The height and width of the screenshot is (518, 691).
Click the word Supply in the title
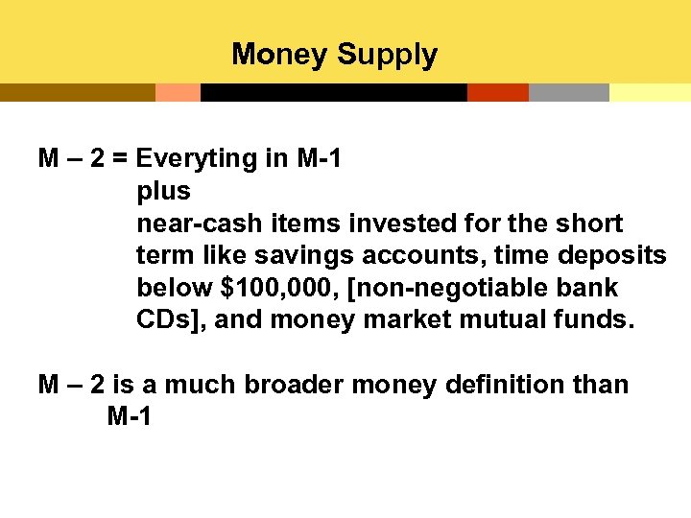coord(387,55)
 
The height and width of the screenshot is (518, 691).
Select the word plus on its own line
coord(164,191)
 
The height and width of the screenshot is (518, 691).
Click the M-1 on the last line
coord(130,417)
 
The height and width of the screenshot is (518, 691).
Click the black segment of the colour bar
coord(333,92)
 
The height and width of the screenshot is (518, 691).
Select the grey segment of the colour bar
coord(568,92)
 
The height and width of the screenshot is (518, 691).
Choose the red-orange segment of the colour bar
coord(497,92)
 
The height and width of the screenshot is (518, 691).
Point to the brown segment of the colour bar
coord(77,92)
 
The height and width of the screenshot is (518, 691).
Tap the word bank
coord(587,288)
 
